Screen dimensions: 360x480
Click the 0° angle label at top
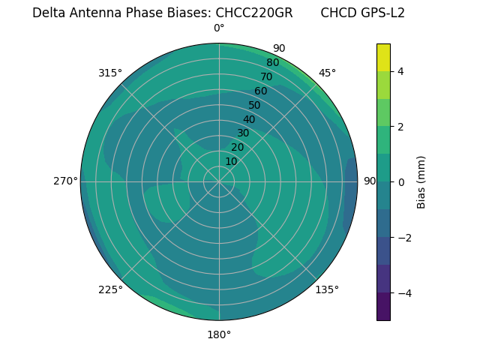[219, 28]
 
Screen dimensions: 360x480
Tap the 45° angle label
[327, 73]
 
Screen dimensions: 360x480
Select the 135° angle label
[327, 289]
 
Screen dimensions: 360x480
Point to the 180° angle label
[219, 334]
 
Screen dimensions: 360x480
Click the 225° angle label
[110, 289]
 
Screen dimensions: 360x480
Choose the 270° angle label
[65, 181]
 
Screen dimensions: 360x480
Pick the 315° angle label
[110, 73]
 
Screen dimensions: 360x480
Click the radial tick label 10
[231, 161]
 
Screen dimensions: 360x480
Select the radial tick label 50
[255, 105]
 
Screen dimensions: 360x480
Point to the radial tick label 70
[267, 76]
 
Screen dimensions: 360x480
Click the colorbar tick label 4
[401, 71]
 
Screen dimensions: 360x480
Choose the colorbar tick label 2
[401, 127]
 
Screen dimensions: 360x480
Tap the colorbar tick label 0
[401, 182]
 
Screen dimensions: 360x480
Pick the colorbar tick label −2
[404, 238]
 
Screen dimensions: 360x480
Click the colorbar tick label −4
[404, 293]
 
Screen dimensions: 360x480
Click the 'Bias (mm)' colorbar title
[421, 182]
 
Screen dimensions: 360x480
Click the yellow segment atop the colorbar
[383, 57]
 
